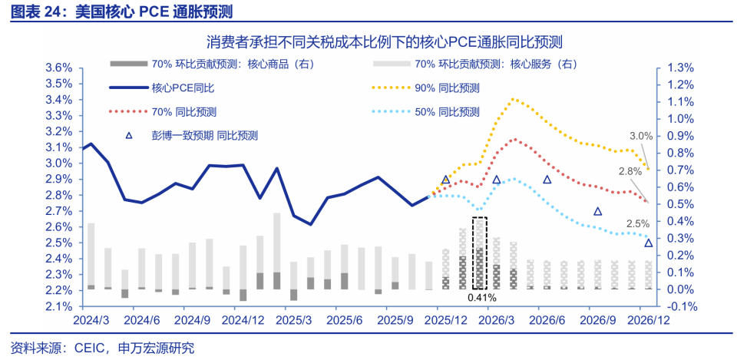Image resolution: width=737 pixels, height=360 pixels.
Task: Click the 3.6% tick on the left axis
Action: click(59, 68)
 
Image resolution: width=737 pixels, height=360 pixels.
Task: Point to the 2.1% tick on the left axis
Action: click(59, 306)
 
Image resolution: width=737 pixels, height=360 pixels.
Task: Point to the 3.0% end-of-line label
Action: click(640, 136)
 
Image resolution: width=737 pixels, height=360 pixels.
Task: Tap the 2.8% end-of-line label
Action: click(630, 170)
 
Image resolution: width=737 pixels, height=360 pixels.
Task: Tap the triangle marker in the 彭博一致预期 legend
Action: click(129, 135)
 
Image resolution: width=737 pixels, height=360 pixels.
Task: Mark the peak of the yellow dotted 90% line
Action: click(513, 99)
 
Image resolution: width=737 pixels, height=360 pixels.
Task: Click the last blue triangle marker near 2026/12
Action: click(649, 243)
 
